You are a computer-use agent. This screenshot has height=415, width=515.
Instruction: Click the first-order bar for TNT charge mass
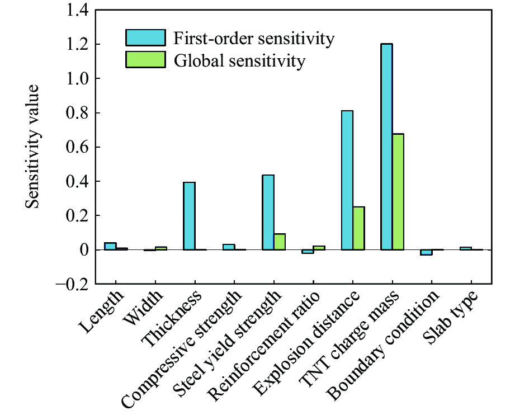(x=386, y=147)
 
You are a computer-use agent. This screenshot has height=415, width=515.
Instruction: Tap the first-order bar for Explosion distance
(x=347, y=180)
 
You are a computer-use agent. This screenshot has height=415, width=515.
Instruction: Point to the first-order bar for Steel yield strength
(x=268, y=213)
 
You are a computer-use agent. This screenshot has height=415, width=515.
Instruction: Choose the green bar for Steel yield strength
(x=280, y=242)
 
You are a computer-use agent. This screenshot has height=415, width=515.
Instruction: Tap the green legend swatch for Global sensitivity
(x=145, y=59)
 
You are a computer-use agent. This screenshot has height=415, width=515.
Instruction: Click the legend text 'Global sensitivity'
(x=240, y=60)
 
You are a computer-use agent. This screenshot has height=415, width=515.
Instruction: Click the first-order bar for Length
(x=110, y=246)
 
